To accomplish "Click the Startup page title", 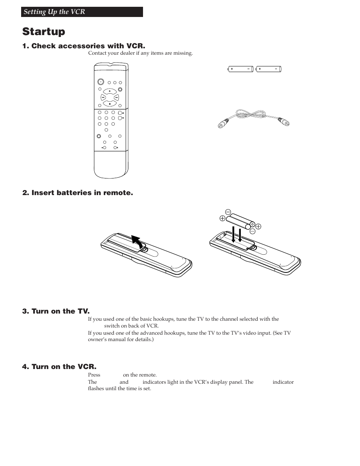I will pyautogui.click(x=43, y=31).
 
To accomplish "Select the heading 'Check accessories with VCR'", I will pyautogui.click(x=83, y=46).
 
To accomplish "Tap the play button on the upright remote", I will pyautogui.click(x=110, y=91).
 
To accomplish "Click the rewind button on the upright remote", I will pyautogui.click(x=103, y=97).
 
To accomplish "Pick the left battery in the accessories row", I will pyautogui.click(x=240, y=69).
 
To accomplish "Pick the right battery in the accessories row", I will pyautogui.click(x=268, y=69).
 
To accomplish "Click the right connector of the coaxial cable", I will pyautogui.click(x=284, y=121).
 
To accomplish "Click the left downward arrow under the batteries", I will pyautogui.click(x=234, y=234).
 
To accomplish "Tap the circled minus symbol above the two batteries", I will pyautogui.click(x=228, y=212).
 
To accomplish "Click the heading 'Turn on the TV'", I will pyautogui.click(x=56, y=311).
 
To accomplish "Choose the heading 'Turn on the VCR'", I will pyautogui.click(x=59, y=367).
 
